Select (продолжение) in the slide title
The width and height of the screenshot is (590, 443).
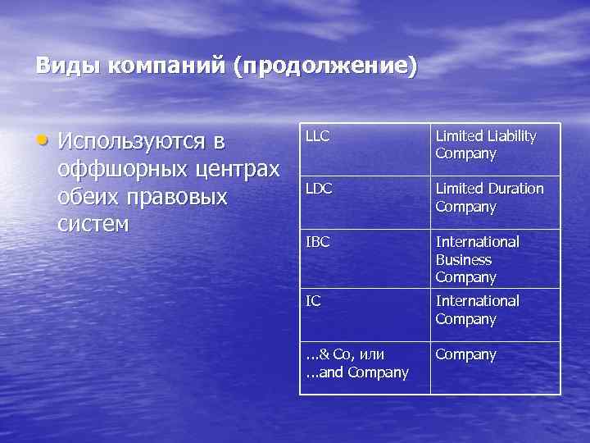coord(325,66)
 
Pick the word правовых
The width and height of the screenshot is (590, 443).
coord(179,198)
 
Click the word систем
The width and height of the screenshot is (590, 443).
coord(94,225)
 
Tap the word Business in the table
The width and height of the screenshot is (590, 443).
coord(463,259)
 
